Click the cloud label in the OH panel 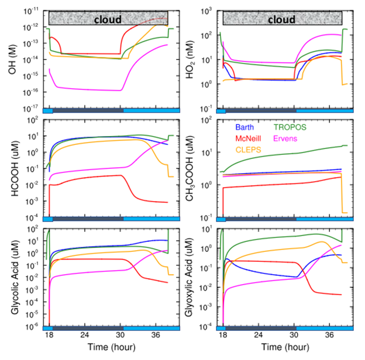(x=108, y=19)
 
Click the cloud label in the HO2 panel (x=281, y=19)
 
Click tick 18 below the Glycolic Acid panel (x=50, y=337)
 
